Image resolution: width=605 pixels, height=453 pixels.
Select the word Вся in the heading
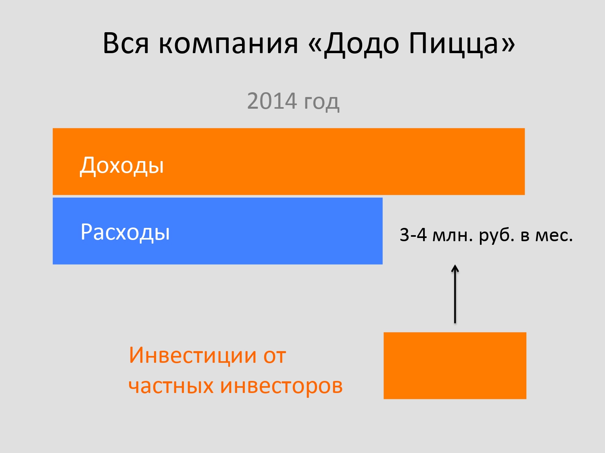click(126, 43)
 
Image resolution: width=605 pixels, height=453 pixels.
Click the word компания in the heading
click(229, 44)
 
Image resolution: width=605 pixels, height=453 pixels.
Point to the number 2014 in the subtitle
click(272, 101)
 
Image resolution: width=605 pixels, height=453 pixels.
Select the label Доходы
click(122, 165)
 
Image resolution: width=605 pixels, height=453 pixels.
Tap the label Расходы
click(125, 232)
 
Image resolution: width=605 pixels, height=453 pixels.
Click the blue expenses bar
click(217, 231)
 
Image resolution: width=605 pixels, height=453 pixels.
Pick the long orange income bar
click(288, 161)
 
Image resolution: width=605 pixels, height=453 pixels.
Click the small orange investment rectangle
click(455, 366)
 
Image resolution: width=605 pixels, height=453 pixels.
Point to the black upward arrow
click(455, 294)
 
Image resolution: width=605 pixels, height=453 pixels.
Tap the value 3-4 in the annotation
click(413, 235)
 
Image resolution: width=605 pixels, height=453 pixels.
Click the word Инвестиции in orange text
click(193, 355)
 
